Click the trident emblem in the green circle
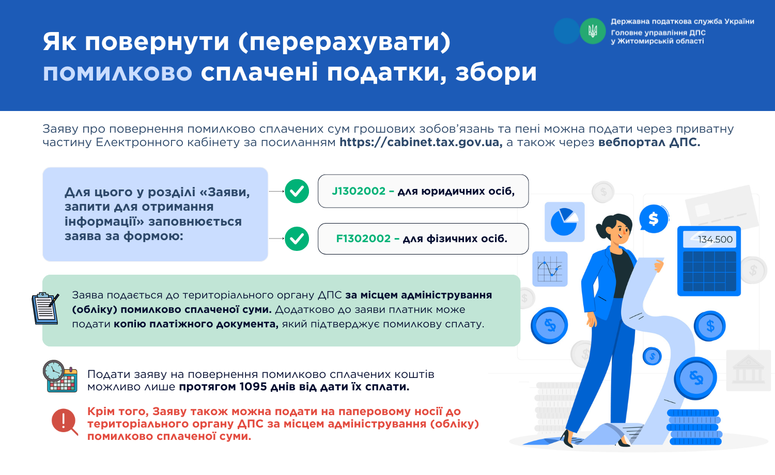(593, 31)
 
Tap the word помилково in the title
(117, 73)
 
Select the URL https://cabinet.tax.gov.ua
(421, 142)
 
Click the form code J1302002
(359, 191)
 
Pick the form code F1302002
(363, 238)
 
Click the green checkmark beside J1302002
(297, 191)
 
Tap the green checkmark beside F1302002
(297, 239)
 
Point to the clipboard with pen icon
(45, 308)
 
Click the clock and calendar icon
(60, 376)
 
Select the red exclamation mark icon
(65, 421)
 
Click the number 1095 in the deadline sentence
(253, 387)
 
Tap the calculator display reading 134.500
(709, 239)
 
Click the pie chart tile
(565, 222)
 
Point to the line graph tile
(550, 269)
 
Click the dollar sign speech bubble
(654, 219)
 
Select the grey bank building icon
(749, 370)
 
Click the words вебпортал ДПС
(649, 142)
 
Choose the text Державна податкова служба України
(683, 22)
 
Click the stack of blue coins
(694, 427)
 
